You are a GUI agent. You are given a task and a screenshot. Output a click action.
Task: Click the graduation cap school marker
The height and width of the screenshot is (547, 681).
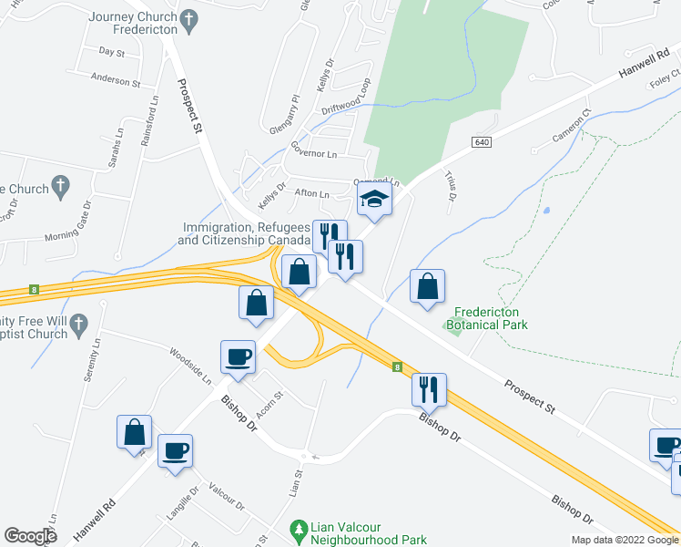pos(374,199)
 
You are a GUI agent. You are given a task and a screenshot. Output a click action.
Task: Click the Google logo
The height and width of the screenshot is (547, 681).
pos(31,536)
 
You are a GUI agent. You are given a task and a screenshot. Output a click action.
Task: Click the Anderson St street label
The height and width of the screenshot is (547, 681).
pos(116,81)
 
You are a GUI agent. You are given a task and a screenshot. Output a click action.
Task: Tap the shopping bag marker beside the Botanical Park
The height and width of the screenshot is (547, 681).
pos(427,287)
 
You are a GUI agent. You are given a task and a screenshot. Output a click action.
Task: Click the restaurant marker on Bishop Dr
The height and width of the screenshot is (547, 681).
pos(427,389)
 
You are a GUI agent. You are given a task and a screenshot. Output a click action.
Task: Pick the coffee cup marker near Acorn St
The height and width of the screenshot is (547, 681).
pos(239,356)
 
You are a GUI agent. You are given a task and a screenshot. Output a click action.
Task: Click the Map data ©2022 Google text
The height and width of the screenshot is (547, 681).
pos(624,540)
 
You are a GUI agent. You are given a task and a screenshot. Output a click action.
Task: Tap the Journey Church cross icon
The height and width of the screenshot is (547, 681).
pos(189,17)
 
